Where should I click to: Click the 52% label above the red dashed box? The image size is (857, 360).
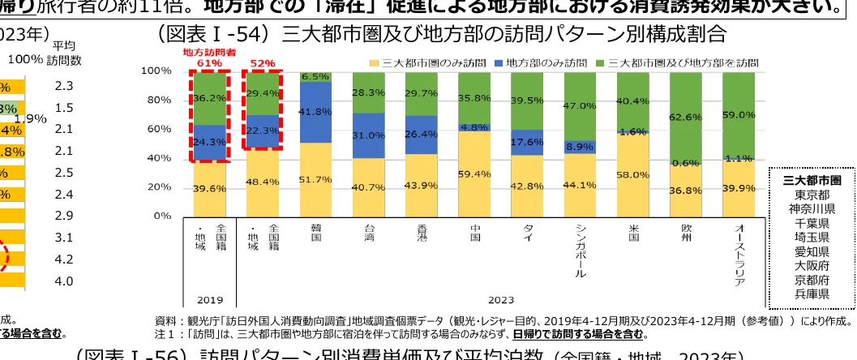pos(262,62)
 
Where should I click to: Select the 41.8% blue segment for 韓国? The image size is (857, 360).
pos(315,113)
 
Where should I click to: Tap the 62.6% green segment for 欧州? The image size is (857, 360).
pos(686,117)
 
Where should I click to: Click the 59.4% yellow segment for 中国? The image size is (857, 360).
pos(475,173)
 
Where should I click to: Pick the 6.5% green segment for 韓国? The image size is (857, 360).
pos(315,76)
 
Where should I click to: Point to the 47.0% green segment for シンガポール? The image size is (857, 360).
pos(581,105)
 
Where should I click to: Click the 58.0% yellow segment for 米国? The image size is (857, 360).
pos(633,174)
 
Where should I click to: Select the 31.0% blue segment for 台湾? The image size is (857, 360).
pos(368,135)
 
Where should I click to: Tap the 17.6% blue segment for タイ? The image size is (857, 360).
pos(527,141)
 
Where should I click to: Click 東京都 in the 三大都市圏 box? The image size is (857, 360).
pos(812,194)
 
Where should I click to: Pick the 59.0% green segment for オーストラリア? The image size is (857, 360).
pos(739,114)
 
